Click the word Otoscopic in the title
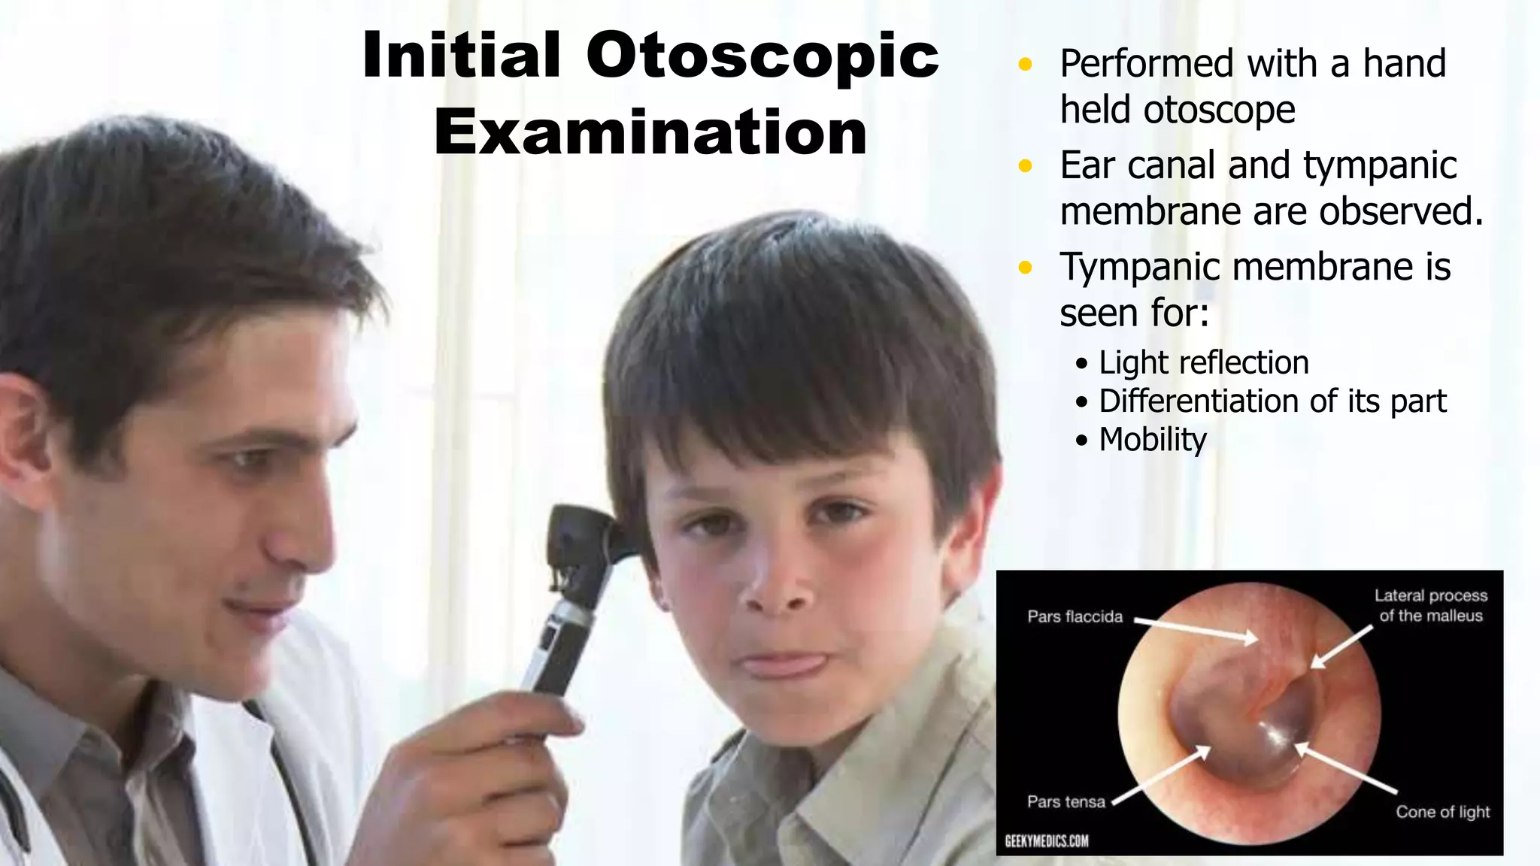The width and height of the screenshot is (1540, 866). (762, 57)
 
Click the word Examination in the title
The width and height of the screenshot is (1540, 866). (650, 133)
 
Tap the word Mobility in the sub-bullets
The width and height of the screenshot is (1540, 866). (1153, 440)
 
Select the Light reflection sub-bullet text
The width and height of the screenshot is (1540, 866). (1203, 363)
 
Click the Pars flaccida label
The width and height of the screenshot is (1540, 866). (1075, 617)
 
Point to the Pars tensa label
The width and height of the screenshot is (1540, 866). (1066, 802)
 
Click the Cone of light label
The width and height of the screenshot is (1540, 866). (1442, 812)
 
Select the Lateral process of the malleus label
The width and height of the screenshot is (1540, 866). (1430, 606)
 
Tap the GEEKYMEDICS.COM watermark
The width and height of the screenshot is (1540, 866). (1046, 840)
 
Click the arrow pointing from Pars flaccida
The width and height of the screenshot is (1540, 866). (1196, 630)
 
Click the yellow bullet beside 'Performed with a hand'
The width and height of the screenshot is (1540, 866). (1025, 65)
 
